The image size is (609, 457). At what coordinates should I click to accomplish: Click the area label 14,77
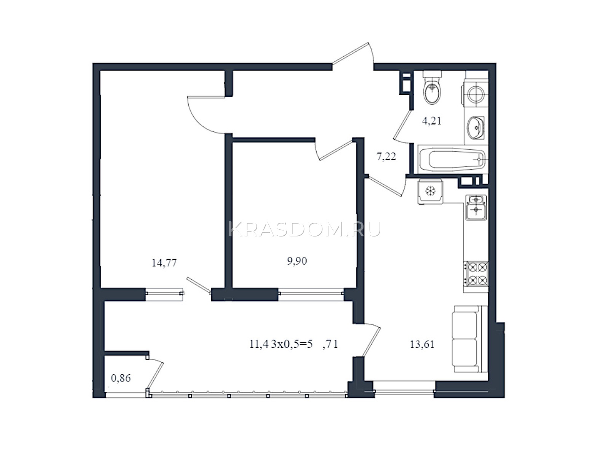pos(164,262)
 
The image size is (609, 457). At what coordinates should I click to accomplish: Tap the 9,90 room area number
pos(297,261)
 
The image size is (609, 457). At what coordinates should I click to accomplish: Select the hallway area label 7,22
pos(386,157)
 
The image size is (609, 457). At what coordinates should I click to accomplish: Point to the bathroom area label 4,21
pos(431,121)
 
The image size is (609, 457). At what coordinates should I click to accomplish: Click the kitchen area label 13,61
pos(422,344)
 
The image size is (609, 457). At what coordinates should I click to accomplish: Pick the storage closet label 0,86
pos(121,378)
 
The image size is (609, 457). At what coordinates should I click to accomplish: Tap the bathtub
pos(452,159)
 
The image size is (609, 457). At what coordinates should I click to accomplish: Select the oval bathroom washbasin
pos(475,127)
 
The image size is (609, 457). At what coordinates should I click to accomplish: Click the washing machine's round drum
pos(476,94)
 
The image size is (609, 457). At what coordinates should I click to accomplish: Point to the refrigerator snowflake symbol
pos(430,191)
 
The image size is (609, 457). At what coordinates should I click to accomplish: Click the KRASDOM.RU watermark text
pos(304,230)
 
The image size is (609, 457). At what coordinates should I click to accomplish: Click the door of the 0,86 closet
pos(155,375)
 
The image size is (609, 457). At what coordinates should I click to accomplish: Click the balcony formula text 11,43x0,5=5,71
pos(293,344)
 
